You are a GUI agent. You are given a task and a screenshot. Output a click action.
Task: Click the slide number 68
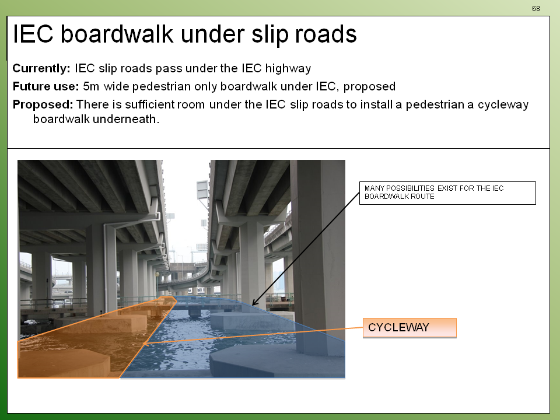[x=535, y=9]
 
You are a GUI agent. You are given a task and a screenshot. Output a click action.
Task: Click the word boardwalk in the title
[x=117, y=34]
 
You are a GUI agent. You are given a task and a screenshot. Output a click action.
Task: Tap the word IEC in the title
[x=33, y=34]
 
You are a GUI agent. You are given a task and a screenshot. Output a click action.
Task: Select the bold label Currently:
[x=41, y=68]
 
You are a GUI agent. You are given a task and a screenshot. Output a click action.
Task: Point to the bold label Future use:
[x=45, y=86]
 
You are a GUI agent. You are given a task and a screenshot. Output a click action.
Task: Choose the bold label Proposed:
[x=43, y=104]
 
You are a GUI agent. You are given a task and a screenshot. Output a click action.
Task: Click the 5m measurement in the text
[x=91, y=86]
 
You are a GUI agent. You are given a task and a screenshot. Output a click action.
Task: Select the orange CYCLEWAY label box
[x=409, y=328]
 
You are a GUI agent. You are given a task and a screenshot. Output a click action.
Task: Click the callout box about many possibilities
[x=447, y=193]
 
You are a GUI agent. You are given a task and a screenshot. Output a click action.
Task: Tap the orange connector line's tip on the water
[x=144, y=344]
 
